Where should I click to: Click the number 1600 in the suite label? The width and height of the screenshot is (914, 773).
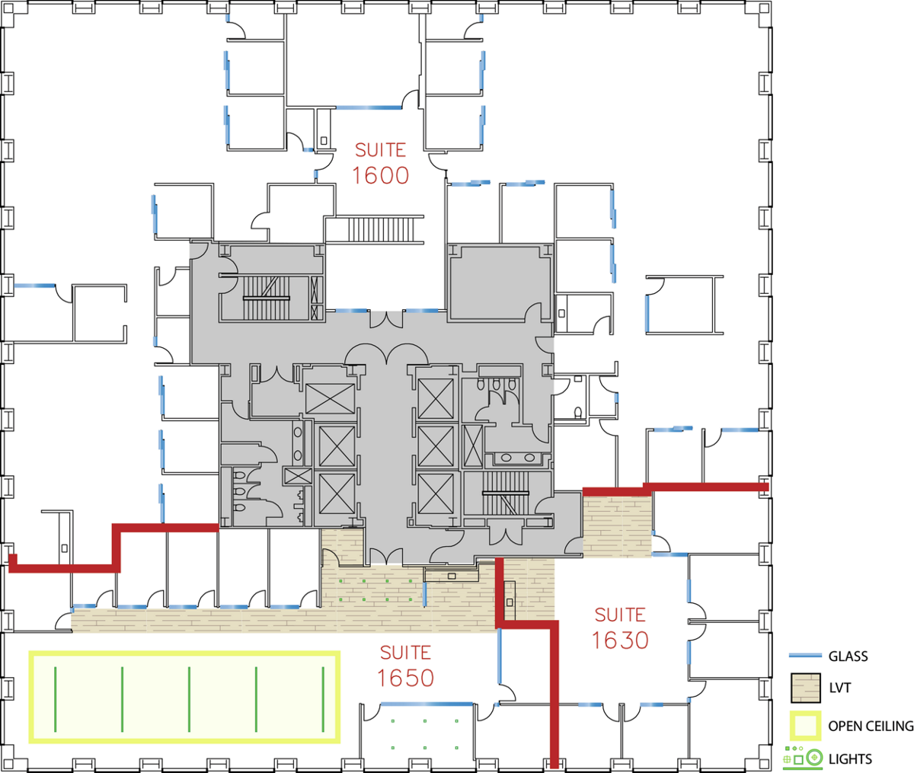click(380, 176)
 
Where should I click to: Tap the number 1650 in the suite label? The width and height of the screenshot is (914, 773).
click(405, 679)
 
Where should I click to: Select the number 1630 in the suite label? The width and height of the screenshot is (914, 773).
click(620, 640)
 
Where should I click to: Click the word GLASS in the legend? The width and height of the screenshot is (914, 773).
click(848, 656)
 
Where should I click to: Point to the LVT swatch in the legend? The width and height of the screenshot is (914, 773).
click(806, 688)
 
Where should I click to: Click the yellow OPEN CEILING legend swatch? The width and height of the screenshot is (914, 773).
click(806, 726)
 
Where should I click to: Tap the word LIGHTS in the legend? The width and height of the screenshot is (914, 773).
click(850, 759)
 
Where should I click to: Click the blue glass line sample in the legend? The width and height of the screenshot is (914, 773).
click(805, 656)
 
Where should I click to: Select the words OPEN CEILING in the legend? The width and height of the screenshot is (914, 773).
click(871, 726)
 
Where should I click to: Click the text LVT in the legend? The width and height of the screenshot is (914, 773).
click(839, 688)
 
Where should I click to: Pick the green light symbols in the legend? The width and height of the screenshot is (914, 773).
click(803, 758)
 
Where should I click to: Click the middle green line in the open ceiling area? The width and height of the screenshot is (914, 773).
click(189, 699)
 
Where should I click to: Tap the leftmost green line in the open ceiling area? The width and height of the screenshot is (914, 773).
click(56, 699)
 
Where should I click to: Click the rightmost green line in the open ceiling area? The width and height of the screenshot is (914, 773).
click(323, 699)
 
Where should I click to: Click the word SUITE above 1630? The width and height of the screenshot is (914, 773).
click(620, 615)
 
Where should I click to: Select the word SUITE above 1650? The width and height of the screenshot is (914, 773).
click(405, 653)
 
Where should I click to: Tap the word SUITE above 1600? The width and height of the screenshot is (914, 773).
click(380, 150)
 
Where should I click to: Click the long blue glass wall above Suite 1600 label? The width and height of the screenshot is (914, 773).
click(369, 107)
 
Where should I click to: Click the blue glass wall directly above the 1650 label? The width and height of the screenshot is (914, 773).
click(427, 704)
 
